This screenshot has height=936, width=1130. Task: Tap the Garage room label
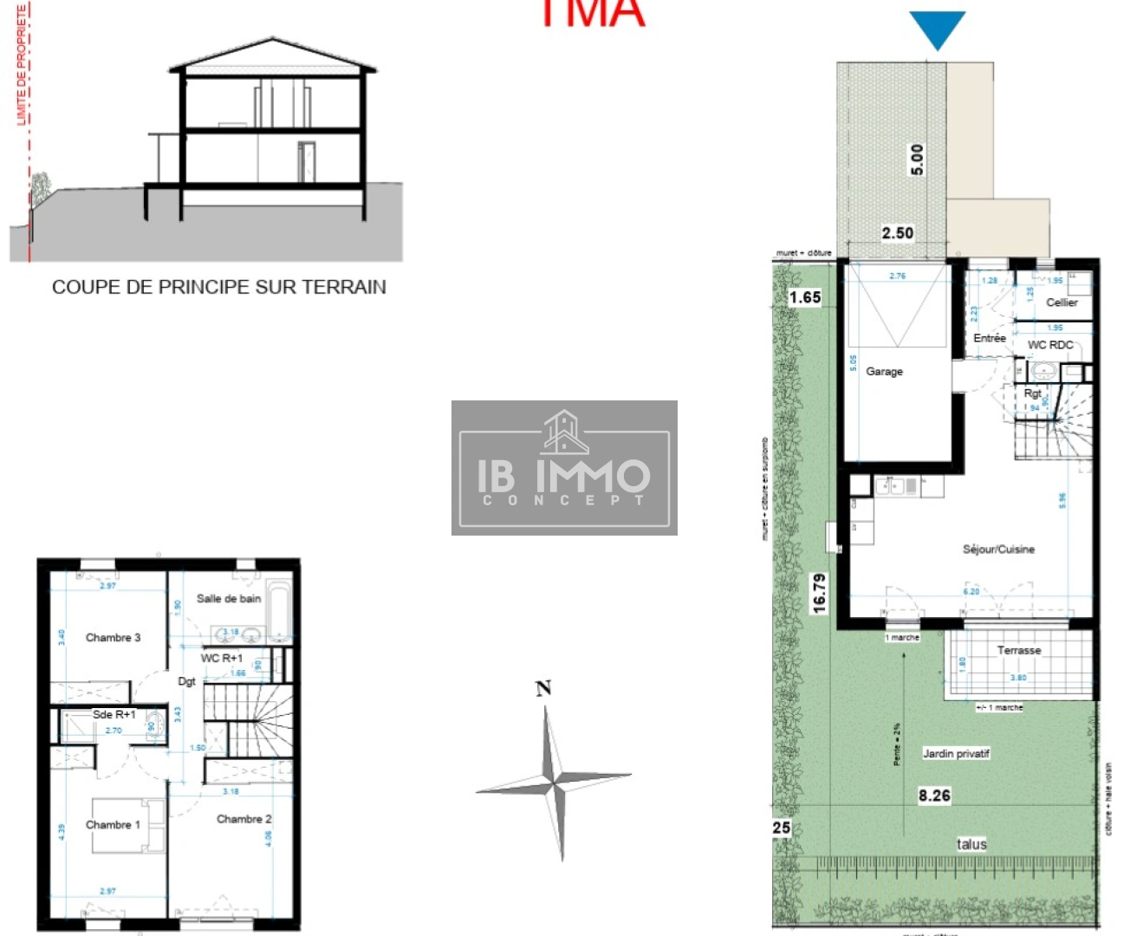click(x=884, y=371)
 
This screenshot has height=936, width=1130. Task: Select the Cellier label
click(x=1062, y=302)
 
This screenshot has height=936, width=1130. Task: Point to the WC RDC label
click(x=1050, y=345)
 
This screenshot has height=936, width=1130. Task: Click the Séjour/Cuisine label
click(x=998, y=549)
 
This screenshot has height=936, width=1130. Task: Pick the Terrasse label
click(x=1019, y=650)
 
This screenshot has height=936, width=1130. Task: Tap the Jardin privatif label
click(x=956, y=753)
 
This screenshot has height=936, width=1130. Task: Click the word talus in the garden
click(x=971, y=844)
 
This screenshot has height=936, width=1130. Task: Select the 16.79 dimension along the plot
click(x=820, y=594)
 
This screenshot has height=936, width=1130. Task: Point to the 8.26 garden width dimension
click(x=934, y=796)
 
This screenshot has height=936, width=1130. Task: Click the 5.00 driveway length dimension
click(x=917, y=160)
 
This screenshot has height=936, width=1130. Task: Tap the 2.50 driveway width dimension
click(x=898, y=233)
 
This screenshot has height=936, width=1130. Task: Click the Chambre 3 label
click(x=113, y=637)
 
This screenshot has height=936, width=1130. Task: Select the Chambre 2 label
click(x=244, y=819)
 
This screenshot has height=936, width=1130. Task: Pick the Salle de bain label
click(x=228, y=598)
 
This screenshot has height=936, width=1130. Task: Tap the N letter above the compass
click(x=543, y=688)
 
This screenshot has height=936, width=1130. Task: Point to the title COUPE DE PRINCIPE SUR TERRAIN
click(x=218, y=287)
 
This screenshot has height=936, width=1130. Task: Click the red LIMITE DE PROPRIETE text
click(x=23, y=64)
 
